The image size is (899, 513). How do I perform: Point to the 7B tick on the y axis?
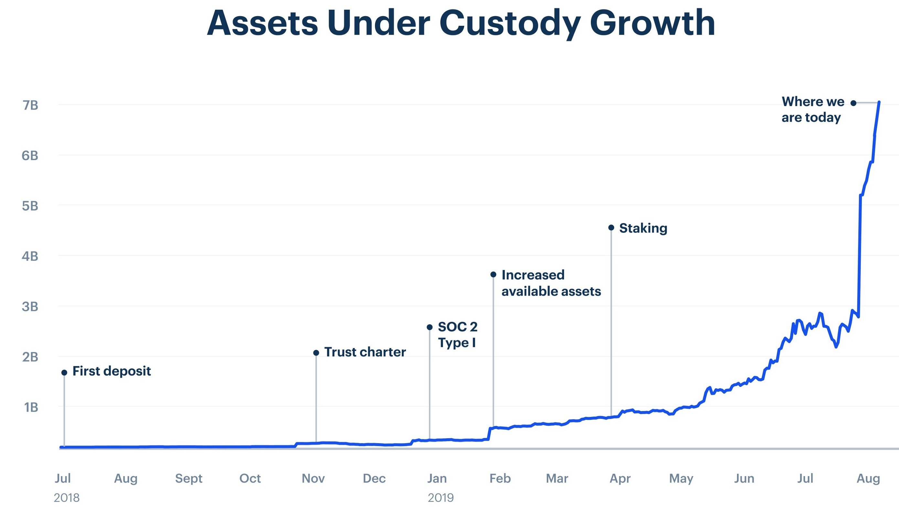click(30, 105)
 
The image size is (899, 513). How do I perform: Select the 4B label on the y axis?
click(30, 256)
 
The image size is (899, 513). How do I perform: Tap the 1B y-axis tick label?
click(31, 407)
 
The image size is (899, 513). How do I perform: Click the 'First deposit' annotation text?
click(112, 371)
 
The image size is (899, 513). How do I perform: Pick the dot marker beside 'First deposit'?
click(64, 372)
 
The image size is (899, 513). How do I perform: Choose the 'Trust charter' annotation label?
click(365, 352)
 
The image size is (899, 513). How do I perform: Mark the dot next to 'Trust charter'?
click(316, 353)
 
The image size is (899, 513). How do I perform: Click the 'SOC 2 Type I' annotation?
click(457, 335)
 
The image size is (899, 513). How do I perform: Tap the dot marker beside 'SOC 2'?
click(430, 327)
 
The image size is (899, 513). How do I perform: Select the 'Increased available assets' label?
click(551, 283)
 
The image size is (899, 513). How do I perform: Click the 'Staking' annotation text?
click(643, 228)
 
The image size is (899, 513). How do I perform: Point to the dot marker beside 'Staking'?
click(611, 228)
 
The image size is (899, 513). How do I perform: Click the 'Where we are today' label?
click(813, 109)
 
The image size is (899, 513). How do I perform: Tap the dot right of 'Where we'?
click(853, 103)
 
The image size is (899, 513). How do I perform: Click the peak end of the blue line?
click(879, 102)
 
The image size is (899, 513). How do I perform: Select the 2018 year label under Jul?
click(67, 498)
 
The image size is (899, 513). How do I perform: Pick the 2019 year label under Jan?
click(441, 498)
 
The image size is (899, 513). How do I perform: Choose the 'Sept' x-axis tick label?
click(189, 478)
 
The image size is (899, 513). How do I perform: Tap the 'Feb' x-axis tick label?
click(500, 478)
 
